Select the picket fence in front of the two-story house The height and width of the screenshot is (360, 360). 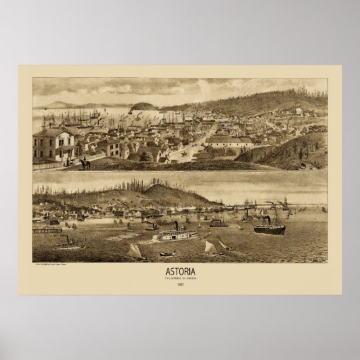(x=63, y=161)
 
